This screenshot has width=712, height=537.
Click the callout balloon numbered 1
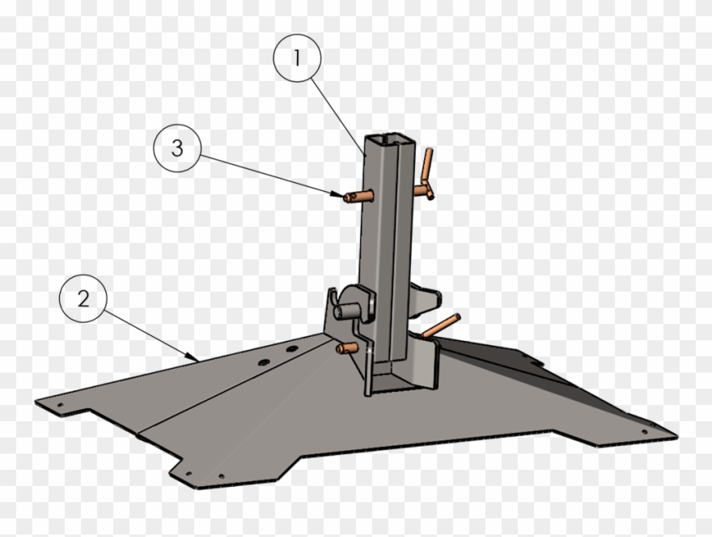297,59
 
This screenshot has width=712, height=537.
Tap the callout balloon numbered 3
177,148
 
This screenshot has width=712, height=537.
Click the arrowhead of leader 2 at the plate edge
193,357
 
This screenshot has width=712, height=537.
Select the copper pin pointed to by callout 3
357,195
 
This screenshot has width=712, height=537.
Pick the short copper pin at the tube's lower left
347,347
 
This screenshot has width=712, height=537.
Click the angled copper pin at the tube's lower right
440,325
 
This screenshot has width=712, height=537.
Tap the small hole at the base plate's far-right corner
645,430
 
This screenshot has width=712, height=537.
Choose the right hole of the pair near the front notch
221,475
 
